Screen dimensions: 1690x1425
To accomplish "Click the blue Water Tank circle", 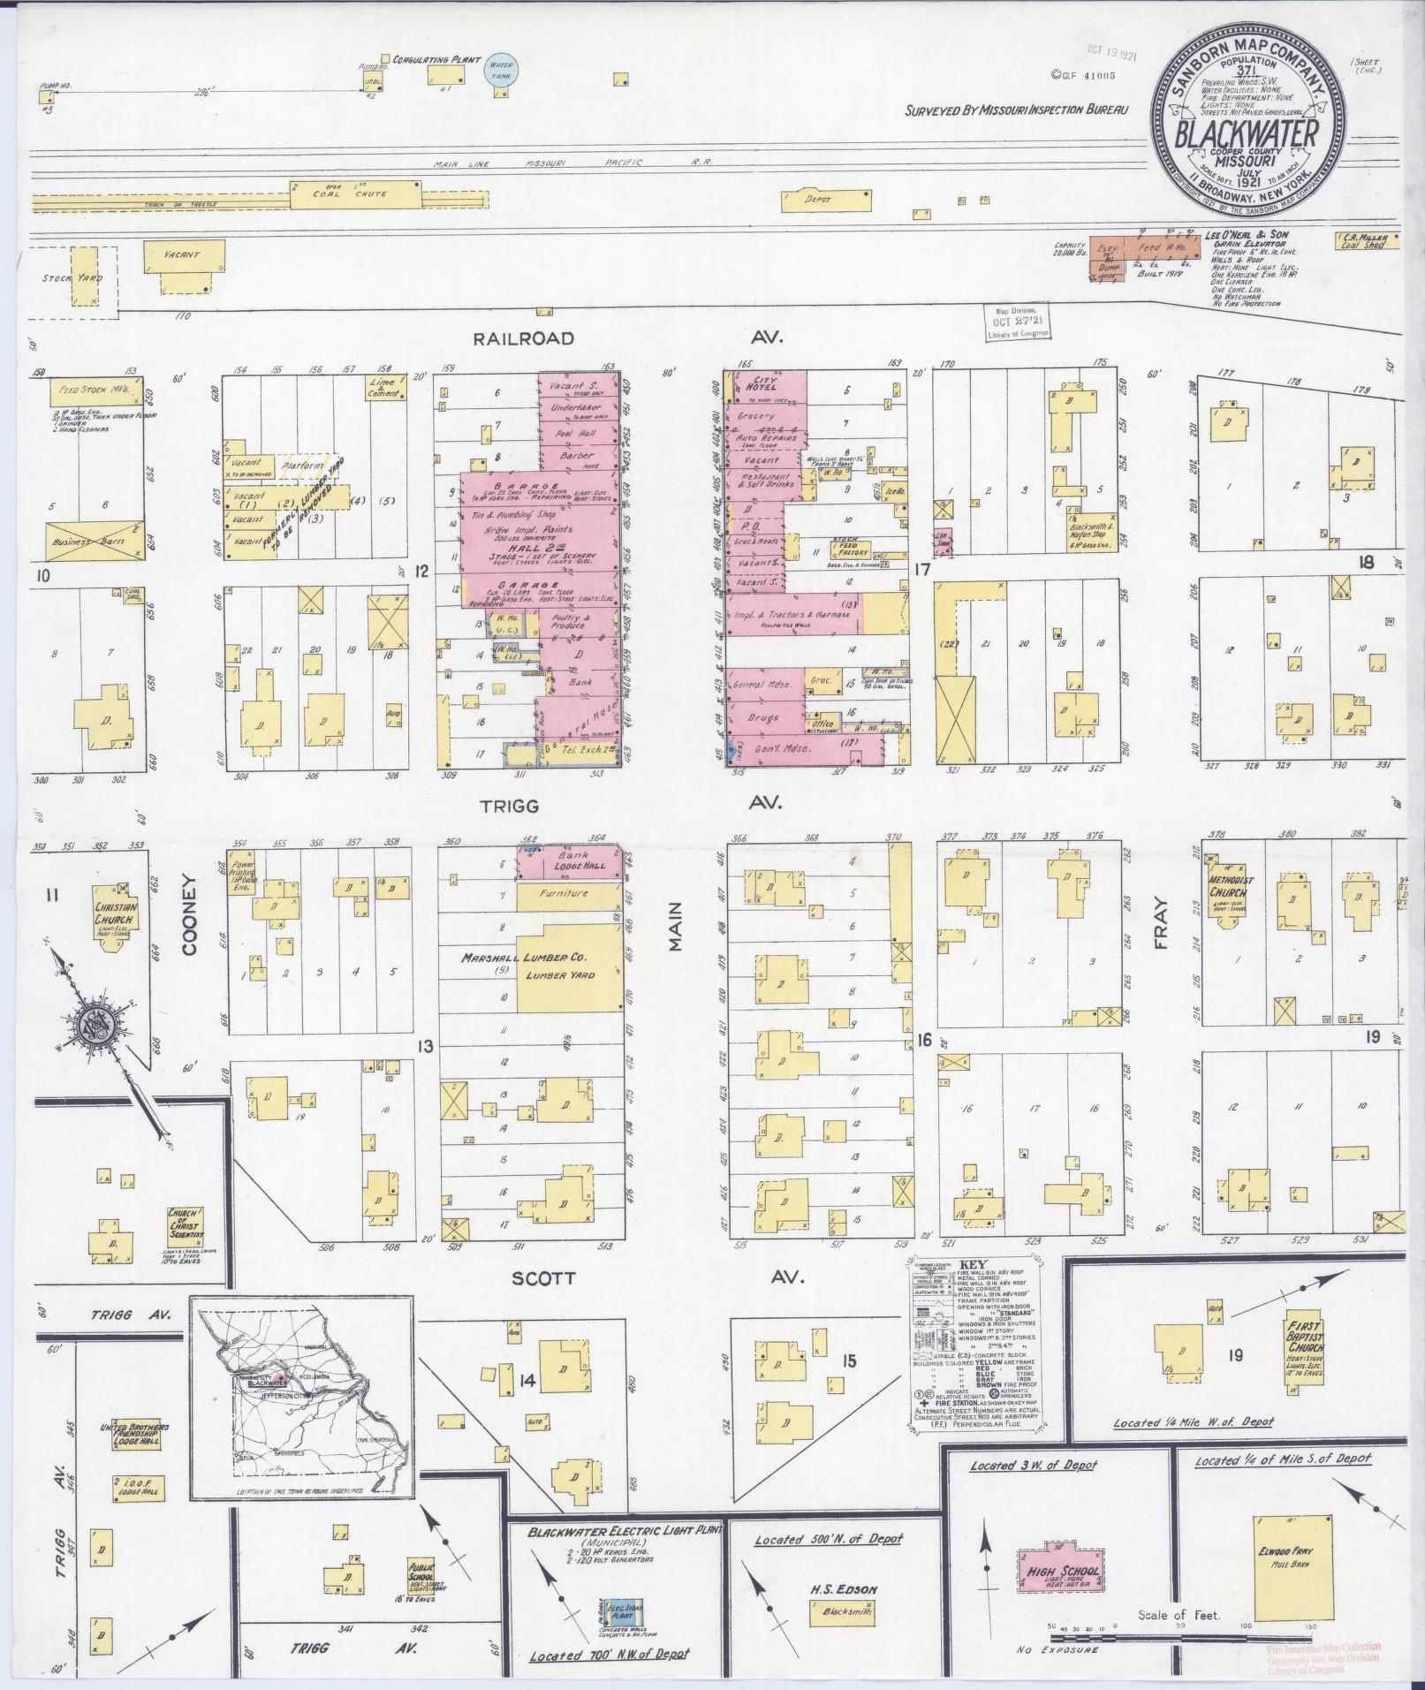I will click(504, 70).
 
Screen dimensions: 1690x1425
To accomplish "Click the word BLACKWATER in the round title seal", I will click(1247, 135).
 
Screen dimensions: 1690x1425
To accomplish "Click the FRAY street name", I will click(1162, 922).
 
